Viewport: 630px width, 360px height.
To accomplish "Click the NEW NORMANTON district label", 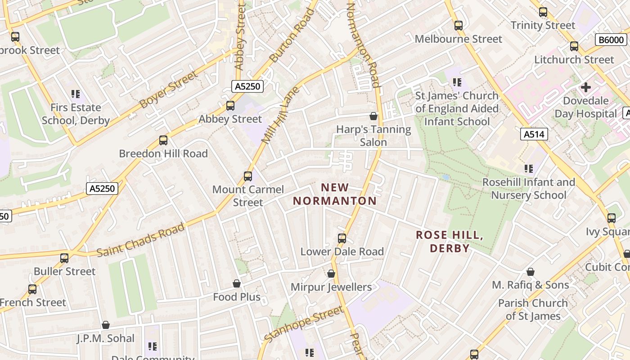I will tap(335, 194).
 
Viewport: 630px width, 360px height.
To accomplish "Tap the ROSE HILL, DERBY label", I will tap(449, 242).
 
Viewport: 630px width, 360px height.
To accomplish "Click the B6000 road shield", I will tap(612, 40).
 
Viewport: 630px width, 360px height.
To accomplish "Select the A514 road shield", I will tap(534, 134).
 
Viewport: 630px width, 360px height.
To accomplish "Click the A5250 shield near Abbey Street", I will tap(247, 86).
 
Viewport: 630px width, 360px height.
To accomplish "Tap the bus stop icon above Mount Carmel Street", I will tap(248, 176).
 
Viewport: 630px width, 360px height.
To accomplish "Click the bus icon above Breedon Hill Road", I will tap(163, 140).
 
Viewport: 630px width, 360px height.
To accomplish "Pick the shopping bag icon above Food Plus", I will tap(237, 283).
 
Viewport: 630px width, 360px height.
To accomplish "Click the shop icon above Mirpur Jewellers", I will tap(331, 274).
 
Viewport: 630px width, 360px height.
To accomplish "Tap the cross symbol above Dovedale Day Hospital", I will tap(585, 87).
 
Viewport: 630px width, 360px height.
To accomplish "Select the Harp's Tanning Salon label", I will tap(373, 136).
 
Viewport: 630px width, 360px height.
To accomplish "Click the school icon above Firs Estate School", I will tap(76, 94).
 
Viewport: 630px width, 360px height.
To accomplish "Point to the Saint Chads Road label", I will tap(140, 239).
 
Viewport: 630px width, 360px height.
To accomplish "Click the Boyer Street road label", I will tap(168, 90).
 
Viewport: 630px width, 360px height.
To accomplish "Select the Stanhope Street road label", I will tap(304, 324).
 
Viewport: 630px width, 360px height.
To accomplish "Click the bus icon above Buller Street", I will tap(64, 258).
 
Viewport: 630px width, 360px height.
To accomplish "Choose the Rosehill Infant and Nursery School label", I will tap(529, 189).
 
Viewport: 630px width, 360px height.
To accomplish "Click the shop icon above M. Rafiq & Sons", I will tap(531, 272).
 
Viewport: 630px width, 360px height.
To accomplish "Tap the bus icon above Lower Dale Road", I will tap(342, 238).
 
